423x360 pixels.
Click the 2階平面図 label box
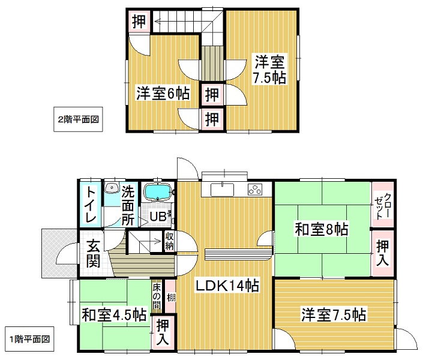click(78, 119)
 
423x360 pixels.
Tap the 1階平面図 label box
click(29, 339)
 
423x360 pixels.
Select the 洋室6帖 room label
click(163, 94)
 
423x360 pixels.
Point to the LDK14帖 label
click(227, 286)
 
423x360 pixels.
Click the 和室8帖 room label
click(321, 229)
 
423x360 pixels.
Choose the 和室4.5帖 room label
click(114, 314)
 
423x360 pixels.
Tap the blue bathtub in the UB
click(158, 192)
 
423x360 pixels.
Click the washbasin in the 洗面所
click(112, 188)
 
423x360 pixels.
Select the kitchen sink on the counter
click(222, 189)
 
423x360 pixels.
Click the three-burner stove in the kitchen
click(255, 189)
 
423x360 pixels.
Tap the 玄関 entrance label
click(94, 253)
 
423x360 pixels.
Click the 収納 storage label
click(169, 241)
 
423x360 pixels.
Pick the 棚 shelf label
click(171, 298)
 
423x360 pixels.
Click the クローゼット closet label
click(383, 206)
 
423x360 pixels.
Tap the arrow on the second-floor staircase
click(163, 21)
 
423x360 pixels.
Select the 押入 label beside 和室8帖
click(383, 253)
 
